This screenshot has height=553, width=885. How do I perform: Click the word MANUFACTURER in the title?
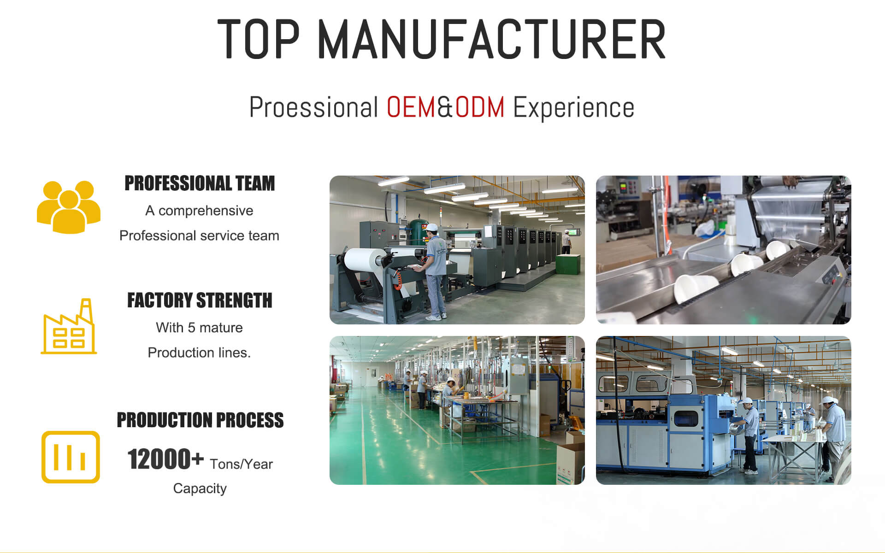(492, 39)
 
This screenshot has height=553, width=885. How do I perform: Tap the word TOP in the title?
(259, 39)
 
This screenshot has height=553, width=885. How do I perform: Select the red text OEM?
(411, 107)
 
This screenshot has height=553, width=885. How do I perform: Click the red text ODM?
(480, 107)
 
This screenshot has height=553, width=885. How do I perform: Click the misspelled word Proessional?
(313, 107)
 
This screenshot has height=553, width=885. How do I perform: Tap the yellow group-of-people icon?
(69, 207)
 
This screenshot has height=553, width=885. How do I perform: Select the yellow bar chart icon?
(71, 457)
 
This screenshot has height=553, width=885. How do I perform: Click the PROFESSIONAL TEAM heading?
(200, 183)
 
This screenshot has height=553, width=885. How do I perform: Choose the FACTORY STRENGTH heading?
(200, 300)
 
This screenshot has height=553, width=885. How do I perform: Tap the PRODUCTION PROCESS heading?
(200, 420)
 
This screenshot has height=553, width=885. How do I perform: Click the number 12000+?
(165, 459)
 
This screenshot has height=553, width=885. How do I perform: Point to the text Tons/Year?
(241, 464)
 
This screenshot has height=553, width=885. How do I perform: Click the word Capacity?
(200, 488)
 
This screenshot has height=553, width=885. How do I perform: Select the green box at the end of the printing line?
(568, 264)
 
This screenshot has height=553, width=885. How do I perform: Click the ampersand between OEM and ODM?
(445, 107)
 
